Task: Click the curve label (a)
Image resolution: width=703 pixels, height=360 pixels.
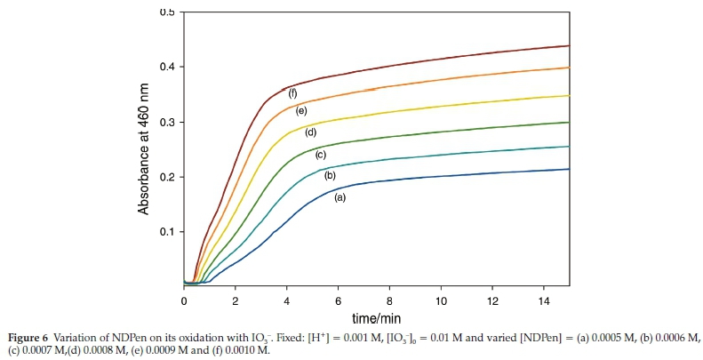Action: (339, 197)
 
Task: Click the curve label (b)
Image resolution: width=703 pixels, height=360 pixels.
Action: (330, 176)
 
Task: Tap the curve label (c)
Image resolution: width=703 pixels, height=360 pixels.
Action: (321, 156)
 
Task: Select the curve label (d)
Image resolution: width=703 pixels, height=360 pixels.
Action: (311, 132)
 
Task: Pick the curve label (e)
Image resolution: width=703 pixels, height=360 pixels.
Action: (301, 111)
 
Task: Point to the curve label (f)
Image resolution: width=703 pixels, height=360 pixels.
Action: (292, 92)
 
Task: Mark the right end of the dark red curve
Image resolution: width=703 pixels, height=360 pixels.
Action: (569, 45)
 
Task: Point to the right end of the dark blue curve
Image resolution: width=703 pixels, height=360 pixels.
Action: (569, 169)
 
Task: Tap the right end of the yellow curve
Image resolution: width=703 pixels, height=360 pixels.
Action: (569, 95)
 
